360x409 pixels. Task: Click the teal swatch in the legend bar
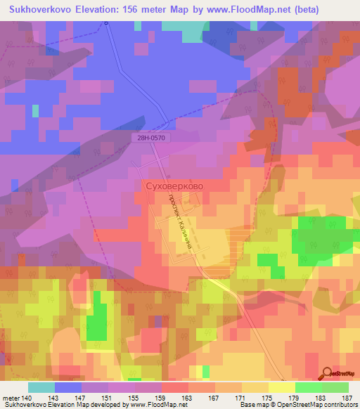[41, 387]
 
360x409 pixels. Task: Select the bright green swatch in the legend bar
[307, 387]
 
